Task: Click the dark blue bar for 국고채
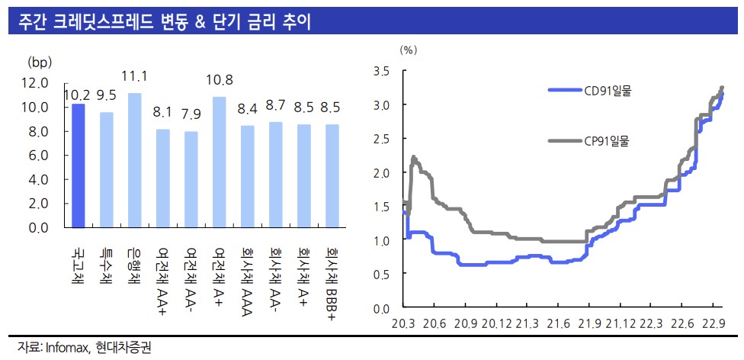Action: (x=77, y=166)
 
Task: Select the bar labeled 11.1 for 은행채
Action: (x=134, y=160)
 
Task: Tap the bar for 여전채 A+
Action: (x=219, y=162)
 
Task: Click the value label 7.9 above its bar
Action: (x=191, y=115)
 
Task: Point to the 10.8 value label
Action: (x=220, y=80)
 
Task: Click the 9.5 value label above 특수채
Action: (x=106, y=95)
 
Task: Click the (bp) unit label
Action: (x=37, y=61)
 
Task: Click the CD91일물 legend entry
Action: (x=608, y=92)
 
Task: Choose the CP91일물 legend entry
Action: (x=608, y=140)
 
